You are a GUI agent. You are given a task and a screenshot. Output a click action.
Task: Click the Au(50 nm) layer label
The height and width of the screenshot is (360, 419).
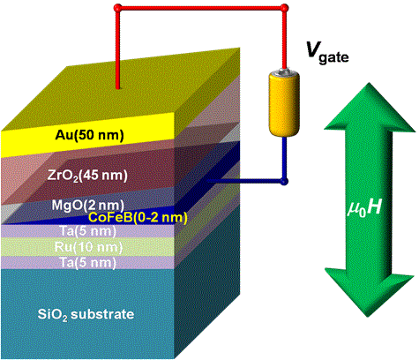point(89,135)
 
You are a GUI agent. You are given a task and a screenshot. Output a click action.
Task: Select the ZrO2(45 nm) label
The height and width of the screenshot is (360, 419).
point(87,176)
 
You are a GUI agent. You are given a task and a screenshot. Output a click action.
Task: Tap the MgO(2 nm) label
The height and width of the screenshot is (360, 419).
point(87,205)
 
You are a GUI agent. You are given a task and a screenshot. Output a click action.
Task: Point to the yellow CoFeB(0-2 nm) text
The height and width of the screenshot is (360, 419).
point(138,218)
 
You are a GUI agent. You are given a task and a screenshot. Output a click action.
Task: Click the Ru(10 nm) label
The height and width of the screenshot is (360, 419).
point(88,247)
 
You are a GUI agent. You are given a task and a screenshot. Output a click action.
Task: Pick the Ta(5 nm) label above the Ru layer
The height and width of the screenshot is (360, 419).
point(88,231)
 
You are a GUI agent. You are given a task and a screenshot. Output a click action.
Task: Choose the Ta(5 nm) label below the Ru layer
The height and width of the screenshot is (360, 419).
point(88,263)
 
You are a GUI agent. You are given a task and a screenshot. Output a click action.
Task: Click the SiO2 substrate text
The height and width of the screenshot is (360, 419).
point(86,314)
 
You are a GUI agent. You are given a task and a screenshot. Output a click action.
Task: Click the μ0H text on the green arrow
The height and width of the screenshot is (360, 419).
point(364,208)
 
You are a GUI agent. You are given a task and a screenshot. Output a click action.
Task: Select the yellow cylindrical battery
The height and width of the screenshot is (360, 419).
point(284,103)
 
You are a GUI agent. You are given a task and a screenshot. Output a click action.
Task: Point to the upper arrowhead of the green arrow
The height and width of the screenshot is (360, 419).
point(370,106)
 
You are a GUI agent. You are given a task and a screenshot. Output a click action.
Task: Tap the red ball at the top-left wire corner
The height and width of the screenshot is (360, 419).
point(117,8)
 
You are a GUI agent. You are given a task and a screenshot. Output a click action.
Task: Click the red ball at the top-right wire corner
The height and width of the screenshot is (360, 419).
point(284,8)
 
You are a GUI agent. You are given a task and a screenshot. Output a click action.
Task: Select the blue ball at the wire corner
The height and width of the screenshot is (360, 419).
point(284,181)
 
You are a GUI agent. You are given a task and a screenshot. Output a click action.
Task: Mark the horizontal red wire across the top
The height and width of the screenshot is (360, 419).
point(201,8)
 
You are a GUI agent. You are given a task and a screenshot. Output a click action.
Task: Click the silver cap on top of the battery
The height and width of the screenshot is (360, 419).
point(284,71)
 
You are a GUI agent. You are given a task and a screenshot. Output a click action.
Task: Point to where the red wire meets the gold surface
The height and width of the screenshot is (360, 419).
point(117,87)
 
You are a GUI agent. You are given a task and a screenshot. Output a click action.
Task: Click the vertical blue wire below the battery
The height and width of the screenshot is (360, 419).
point(284,159)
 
